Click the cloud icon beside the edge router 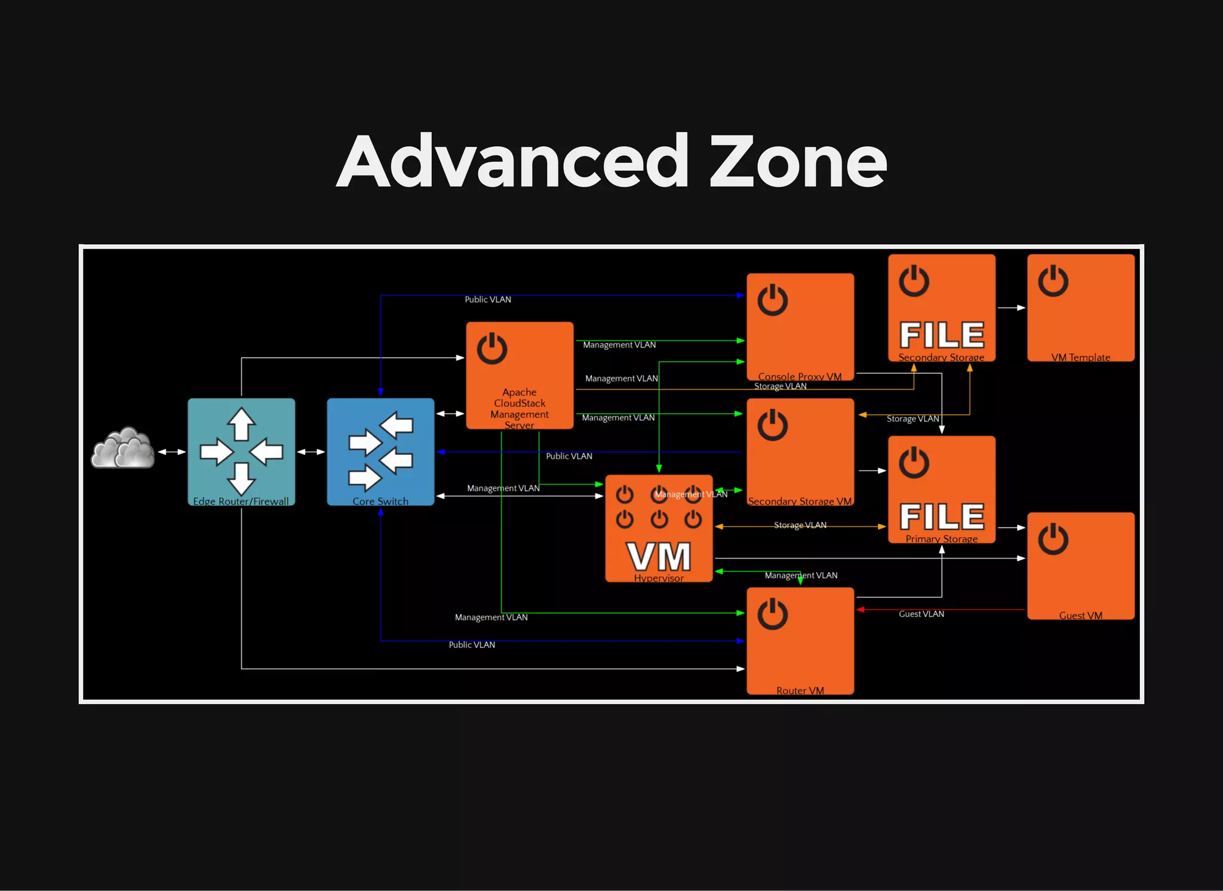[x=123, y=448]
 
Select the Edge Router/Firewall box [x=241, y=451]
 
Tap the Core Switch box [x=380, y=451]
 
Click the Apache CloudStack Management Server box [x=520, y=375]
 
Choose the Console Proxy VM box [x=800, y=327]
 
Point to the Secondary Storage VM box [x=800, y=451]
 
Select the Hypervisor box [x=659, y=528]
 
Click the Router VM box [x=800, y=641]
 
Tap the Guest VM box [x=1081, y=566]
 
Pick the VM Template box [x=1081, y=308]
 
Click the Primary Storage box [x=942, y=489]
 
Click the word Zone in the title [x=798, y=161]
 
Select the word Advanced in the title [x=514, y=161]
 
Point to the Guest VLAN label [x=921, y=614]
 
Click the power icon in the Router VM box [x=773, y=614]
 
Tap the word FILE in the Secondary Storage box [x=942, y=335]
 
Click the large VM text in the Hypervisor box [x=659, y=557]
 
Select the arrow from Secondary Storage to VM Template [x=1011, y=308]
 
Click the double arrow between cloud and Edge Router [x=171, y=451]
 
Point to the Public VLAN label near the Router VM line [x=472, y=645]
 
